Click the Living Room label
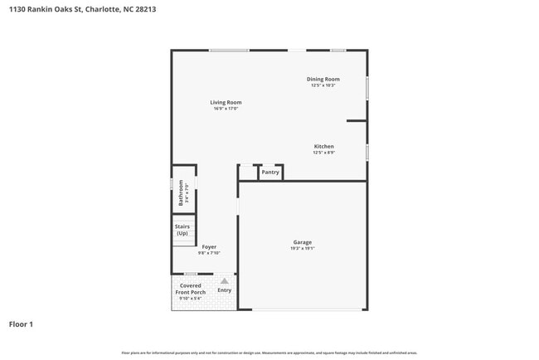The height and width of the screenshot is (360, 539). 225,102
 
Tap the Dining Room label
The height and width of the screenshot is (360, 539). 323,79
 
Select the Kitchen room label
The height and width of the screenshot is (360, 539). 323,146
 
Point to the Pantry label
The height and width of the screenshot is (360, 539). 270,172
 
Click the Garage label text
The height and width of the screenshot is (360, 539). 302,242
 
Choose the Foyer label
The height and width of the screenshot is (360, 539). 209,246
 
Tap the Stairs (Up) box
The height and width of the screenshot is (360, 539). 182,230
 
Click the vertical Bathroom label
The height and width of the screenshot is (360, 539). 181,194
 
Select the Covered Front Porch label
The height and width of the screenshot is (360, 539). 192,289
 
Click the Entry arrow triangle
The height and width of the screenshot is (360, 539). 224,281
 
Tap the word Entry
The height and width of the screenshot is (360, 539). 225,290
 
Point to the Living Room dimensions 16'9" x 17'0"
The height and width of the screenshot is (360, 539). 225,109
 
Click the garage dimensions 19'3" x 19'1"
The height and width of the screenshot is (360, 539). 302,249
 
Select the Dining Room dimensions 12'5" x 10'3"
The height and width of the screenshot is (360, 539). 323,85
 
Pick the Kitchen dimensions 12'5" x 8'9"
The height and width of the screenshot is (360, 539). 323,153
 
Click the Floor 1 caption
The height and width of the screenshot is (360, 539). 21,324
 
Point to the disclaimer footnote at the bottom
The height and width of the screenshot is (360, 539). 269,353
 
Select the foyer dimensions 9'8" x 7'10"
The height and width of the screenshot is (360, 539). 209,253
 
